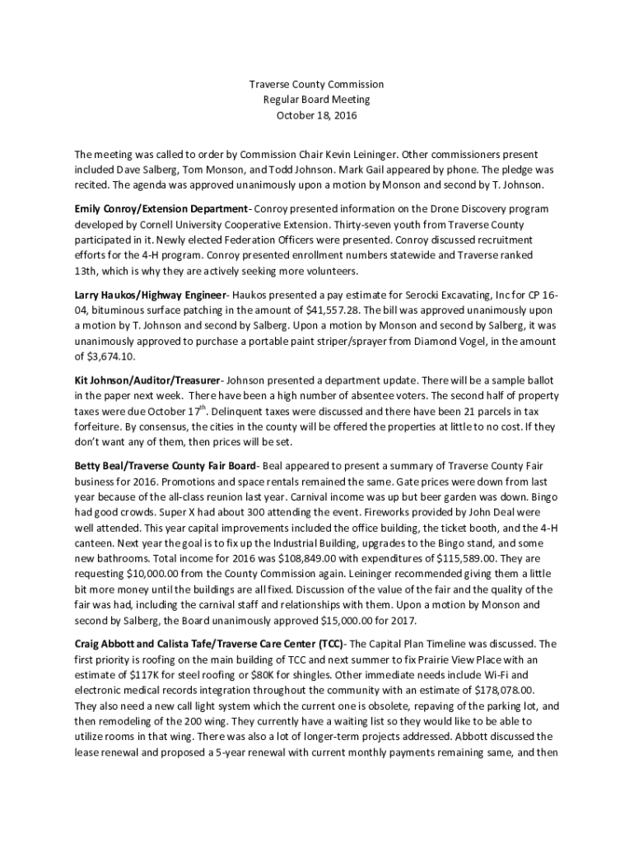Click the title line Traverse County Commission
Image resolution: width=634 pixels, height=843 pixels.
pos(317,85)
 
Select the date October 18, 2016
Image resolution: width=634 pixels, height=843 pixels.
pos(317,114)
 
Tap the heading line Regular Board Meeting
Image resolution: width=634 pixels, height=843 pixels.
pos(317,100)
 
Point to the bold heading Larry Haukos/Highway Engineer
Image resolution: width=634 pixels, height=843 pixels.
pos(150,295)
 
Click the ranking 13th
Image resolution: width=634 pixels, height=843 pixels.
pos(87,272)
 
